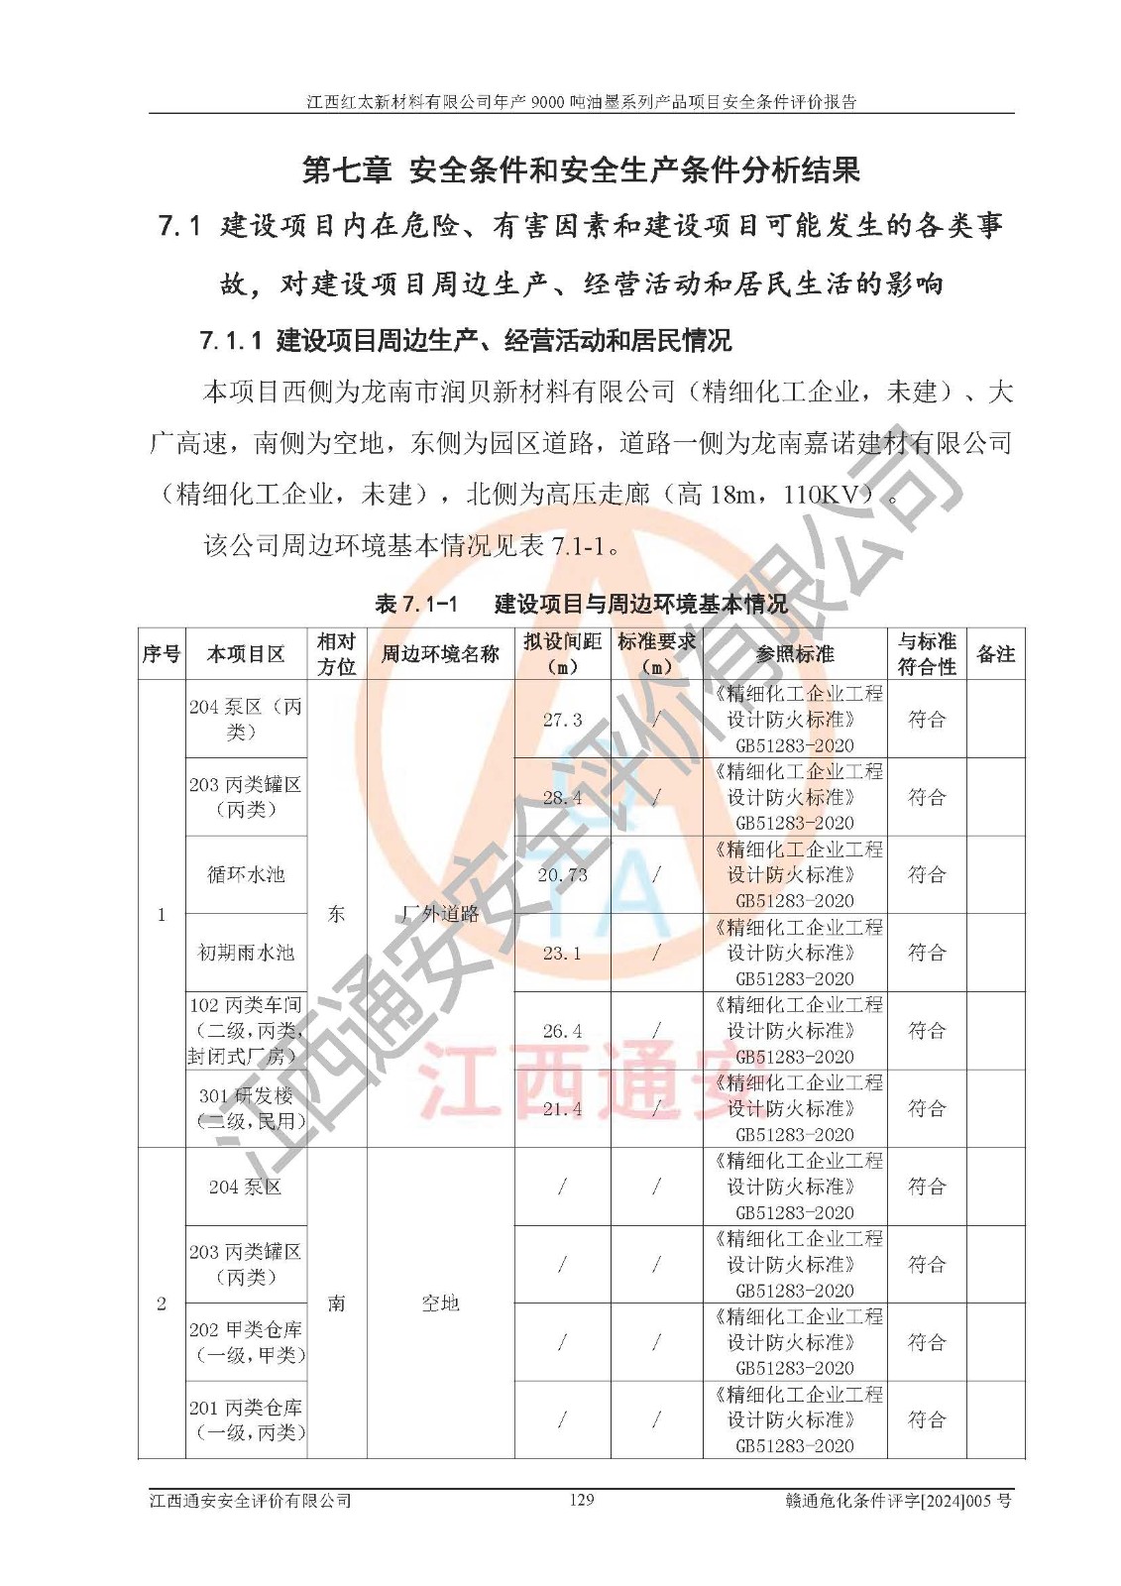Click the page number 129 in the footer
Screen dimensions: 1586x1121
pyautogui.click(x=582, y=1500)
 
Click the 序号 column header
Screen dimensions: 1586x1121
pyautogui.click(x=162, y=654)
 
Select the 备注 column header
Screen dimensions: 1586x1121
pyautogui.click(x=995, y=654)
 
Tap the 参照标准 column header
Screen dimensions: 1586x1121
pyautogui.click(x=795, y=654)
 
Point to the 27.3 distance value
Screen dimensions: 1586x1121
pyautogui.click(x=562, y=720)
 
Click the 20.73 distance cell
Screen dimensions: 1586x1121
pyautogui.click(x=562, y=875)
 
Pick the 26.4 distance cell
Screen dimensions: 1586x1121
pyautogui.click(x=562, y=1031)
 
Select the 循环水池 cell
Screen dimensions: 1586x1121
pyautogui.click(x=246, y=874)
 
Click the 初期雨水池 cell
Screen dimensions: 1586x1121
pyautogui.click(x=246, y=953)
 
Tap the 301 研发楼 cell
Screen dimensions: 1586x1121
pyautogui.click(x=246, y=1108)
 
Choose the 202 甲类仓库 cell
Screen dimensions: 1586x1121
pyautogui.click(x=246, y=1342)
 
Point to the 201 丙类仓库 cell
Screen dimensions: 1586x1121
pyautogui.click(x=246, y=1419)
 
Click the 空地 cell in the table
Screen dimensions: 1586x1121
pyautogui.click(x=440, y=1303)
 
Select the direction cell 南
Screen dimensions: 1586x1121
pyautogui.click(x=337, y=1303)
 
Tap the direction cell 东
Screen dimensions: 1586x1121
pyautogui.click(x=337, y=914)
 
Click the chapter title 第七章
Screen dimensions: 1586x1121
pyautogui.click(x=346, y=170)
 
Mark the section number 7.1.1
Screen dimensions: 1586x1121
pyautogui.click(x=230, y=341)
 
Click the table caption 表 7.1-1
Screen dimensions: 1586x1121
pyautogui.click(x=416, y=604)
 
